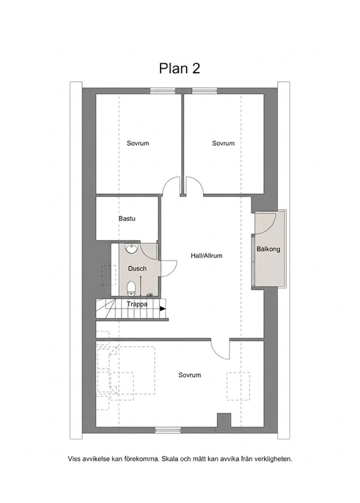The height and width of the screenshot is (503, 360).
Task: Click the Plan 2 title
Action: (x=179, y=68)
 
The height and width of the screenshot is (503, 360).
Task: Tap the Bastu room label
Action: (x=127, y=219)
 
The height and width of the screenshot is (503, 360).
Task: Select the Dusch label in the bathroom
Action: (x=138, y=269)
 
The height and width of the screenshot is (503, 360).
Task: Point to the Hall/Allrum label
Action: (x=207, y=255)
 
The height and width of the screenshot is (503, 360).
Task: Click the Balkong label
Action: (x=268, y=249)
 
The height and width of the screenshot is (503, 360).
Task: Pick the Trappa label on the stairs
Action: (x=137, y=304)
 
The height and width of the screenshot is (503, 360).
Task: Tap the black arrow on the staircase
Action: (x=163, y=308)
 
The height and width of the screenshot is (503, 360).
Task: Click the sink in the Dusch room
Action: (x=131, y=249)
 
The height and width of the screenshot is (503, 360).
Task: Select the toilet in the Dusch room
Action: (x=131, y=288)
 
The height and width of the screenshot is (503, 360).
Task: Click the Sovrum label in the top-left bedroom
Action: (x=138, y=143)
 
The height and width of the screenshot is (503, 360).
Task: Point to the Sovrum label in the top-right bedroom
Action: (x=223, y=143)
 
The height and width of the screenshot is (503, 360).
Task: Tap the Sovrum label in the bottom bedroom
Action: (x=190, y=375)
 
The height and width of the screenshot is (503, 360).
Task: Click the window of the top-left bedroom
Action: (x=163, y=91)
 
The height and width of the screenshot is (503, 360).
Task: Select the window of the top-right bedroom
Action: (x=205, y=91)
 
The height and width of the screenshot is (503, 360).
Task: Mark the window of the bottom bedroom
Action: (x=167, y=430)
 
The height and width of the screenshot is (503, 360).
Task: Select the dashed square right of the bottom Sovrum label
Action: (x=238, y=386)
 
